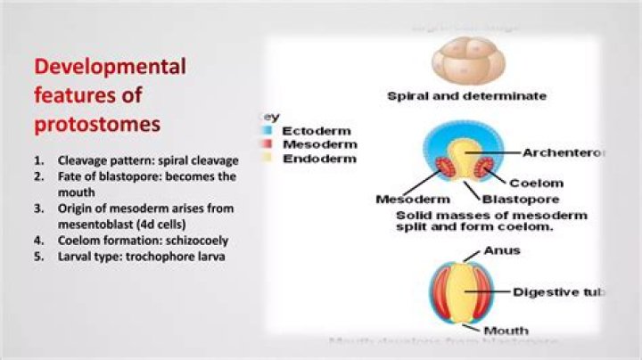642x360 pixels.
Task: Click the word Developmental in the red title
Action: pyautogui.click(x=110, y=66)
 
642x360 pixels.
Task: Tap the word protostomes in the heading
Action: pyautogui.click(x=97, y=124)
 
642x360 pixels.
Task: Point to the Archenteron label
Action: pyautogui.click(x=564, y=152)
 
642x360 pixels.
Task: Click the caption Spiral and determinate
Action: pyautogui.click(x=466, y=95)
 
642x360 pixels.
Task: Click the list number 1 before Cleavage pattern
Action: pyautogui.click(x=39, y=161)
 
